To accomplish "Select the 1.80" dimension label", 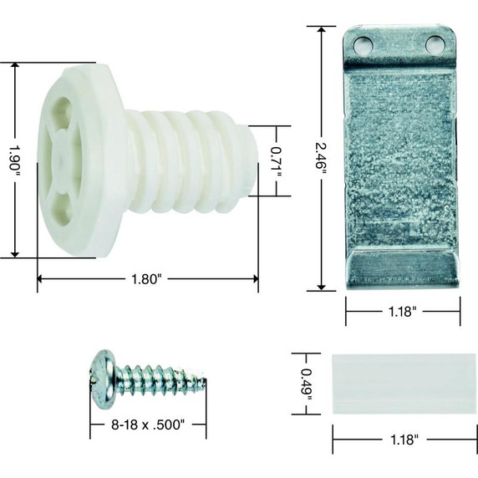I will tap(145, 280).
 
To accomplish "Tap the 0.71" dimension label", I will tap(277, 160).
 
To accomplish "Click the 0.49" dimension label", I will tap(306, 383).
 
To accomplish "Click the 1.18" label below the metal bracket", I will tap(403, 311).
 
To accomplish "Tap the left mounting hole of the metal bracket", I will tap(364, 43).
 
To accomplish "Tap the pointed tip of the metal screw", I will tap(203, 384).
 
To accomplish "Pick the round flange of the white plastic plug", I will tap(79, 159).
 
